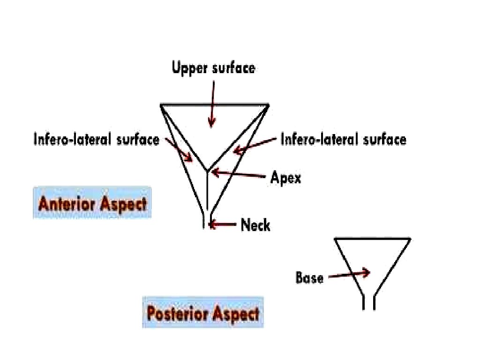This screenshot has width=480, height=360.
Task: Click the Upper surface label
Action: click(x=214, y=68)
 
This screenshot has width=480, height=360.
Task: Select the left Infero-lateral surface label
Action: click(x=96, y=139)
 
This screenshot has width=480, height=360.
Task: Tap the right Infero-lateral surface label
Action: click(x=343, y=139)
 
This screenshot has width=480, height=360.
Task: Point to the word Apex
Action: click(x=285, y=178)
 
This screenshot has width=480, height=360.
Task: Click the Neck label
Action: click(x=255, y=225)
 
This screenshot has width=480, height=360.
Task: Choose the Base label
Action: click(x=309, y=278)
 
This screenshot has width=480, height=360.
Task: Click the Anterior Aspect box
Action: click(x=92, y=204)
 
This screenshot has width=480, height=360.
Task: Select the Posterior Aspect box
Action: click(x=203, y=313)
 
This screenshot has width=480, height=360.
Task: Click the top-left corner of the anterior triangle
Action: click(x=161, y=104)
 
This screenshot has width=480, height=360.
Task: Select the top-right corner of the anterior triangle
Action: click(x=268, y=104)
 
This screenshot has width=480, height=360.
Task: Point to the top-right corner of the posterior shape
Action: click(x=410, y=239)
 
